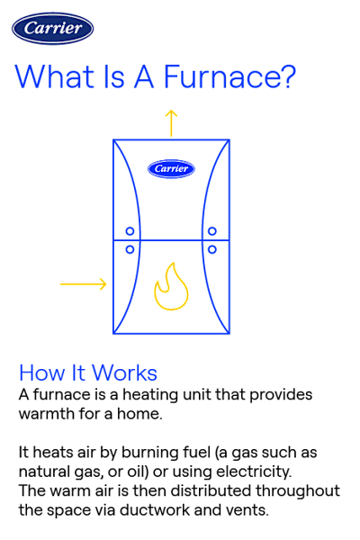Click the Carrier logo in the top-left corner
pos(51,28)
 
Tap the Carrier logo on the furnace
pos(171,167)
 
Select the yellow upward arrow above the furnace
pos(171,121)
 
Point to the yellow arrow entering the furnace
pos(84,285)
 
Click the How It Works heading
pos(87,373)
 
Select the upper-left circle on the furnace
pos(130,229)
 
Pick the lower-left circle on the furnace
pos(130,248)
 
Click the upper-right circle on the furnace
pos(212,229)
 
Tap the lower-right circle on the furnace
pos(212,248)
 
